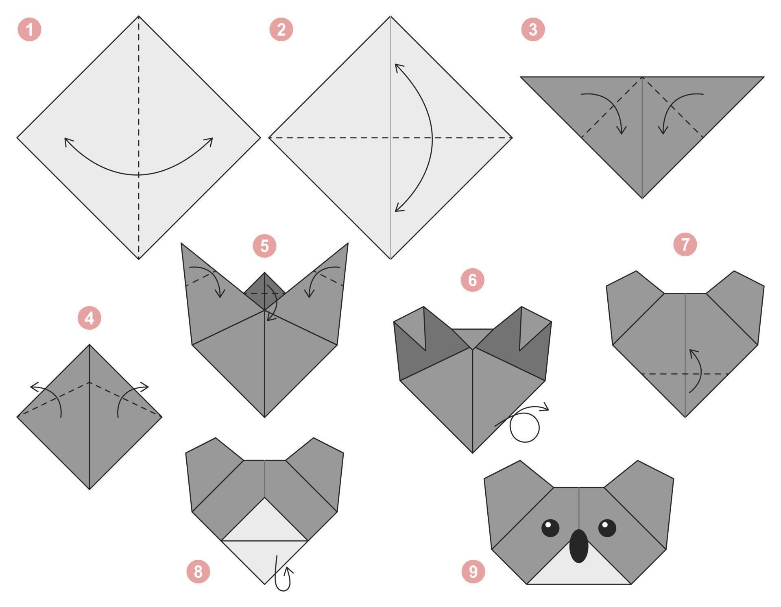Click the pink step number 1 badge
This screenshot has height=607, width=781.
[x=29, y=30]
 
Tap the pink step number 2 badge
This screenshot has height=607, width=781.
[x=281, y=30]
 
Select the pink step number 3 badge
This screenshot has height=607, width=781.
[x=533, y=30]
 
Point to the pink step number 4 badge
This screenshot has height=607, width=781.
[x=89, y=318]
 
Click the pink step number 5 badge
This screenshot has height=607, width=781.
[x=264, y=246]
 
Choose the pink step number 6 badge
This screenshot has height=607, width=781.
[x=472, y=280]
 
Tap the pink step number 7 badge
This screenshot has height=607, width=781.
[x=685, y=244]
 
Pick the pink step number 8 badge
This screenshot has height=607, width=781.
[x=198, y=572]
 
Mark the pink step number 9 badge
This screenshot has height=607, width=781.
[x=473, y=572]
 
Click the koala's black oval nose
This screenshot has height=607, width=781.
[x=578, y=546]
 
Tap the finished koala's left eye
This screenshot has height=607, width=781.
[x=550, y=528]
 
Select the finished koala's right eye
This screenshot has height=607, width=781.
[x=607, y=528]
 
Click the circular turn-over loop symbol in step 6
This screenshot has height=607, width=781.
[x=525, y=427]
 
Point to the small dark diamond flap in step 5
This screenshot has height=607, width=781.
[x=264, y=289]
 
